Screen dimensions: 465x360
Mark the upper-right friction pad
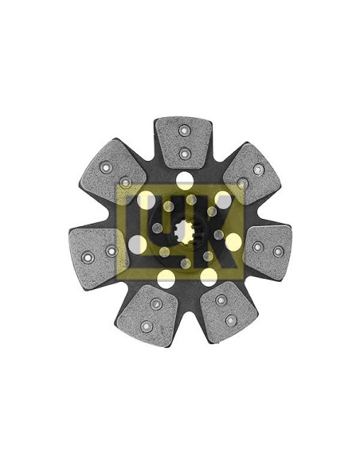[248, 176]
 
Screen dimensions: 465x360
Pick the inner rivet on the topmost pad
[183, 153]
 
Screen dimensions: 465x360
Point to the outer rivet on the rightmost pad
[277, 252]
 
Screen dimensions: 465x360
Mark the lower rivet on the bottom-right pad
[231, 320]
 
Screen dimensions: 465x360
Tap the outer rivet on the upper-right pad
[258, 169]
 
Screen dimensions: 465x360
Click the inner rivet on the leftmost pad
[111, 252]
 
